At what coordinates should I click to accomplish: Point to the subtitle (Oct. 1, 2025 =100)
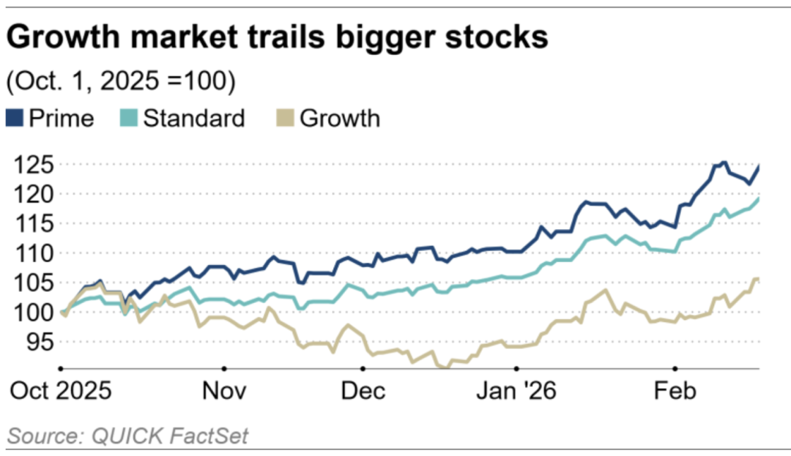[x=121, y=81]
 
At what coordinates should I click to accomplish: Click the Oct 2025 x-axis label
[x=61, y=391]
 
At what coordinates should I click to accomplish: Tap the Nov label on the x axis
[x=225, y=391]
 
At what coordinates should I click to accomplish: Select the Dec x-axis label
[x=363, y=391]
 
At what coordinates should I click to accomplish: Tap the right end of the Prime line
[x=757, y=168]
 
